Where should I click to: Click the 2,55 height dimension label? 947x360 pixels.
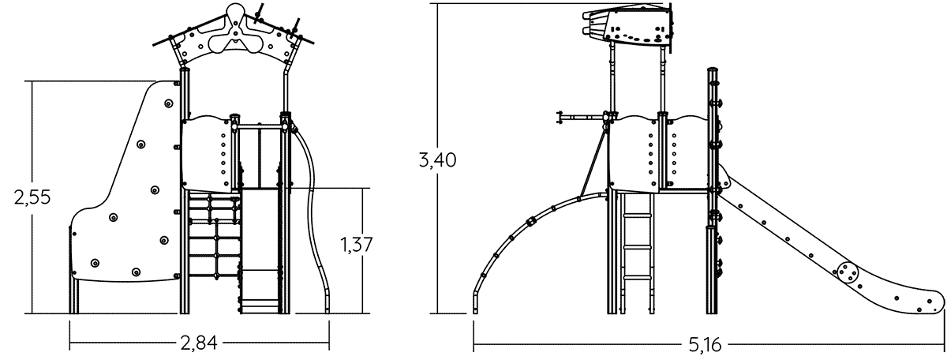tap(32, 197)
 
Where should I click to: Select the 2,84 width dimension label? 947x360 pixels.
tap(199, 343)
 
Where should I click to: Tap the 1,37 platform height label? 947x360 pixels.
tap(357, 245)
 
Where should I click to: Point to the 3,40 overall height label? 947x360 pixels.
tap(437, 160)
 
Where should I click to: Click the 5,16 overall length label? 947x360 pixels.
tap(706, 345)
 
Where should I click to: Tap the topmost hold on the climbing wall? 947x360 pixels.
tap(168, 103)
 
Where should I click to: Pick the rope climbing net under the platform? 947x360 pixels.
tap(214, 234)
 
